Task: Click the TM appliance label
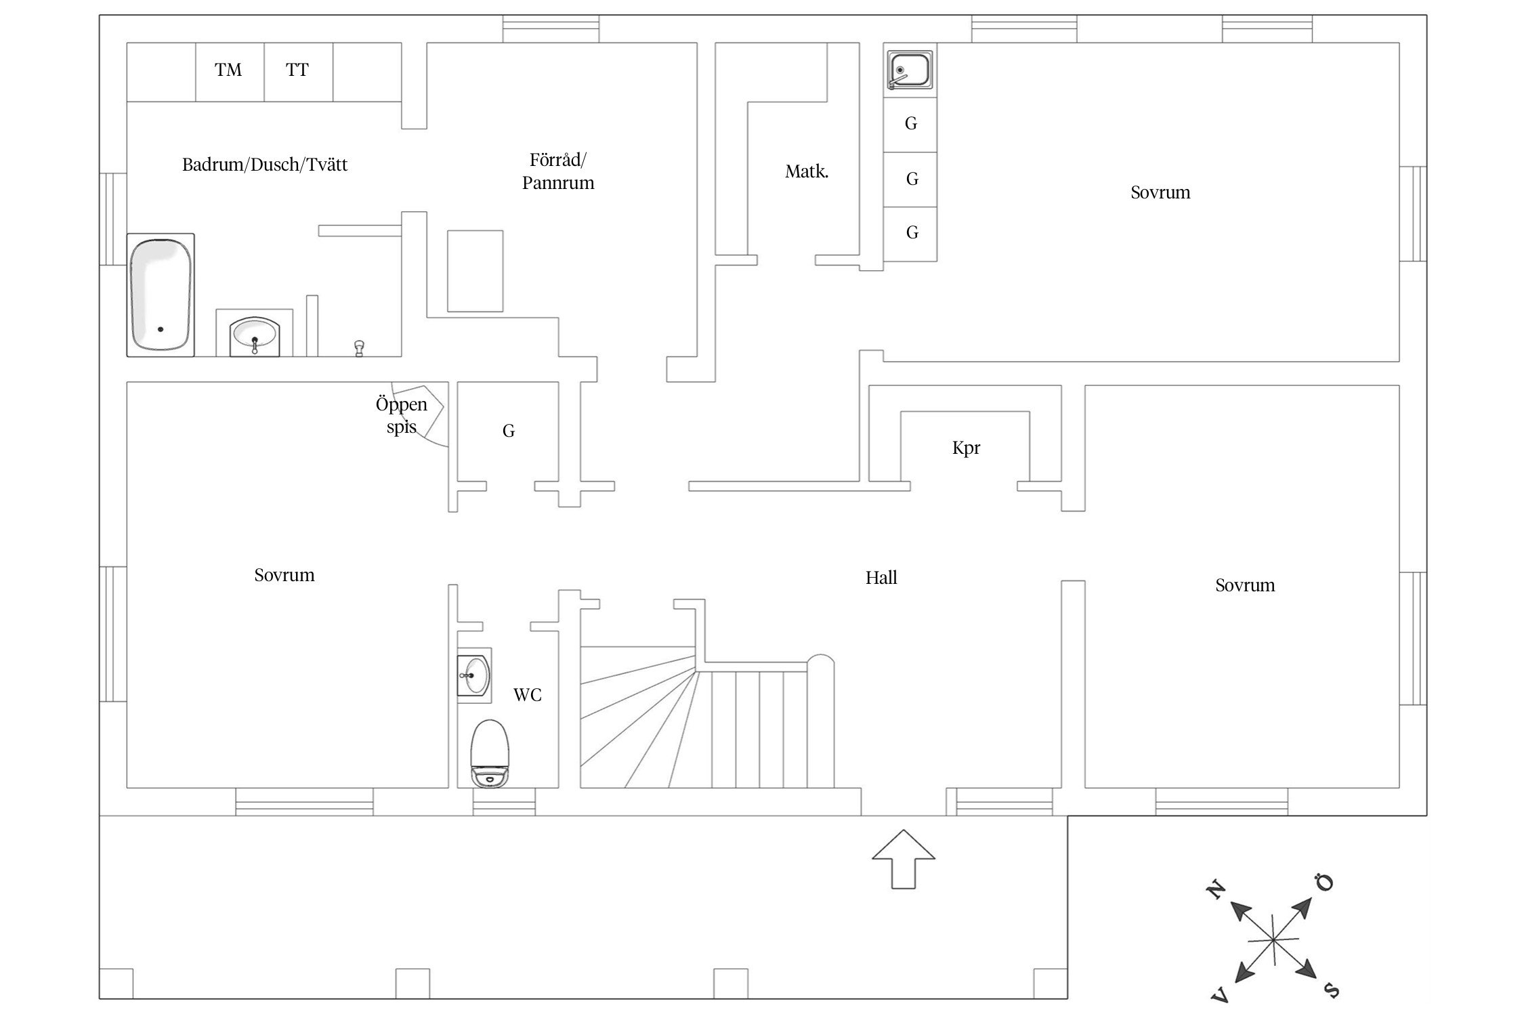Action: click(x=228, y=70)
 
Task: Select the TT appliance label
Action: click(x=297, y=70)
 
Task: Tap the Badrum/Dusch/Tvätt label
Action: click(x=265, y=165)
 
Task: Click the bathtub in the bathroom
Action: click(x=161, y=295)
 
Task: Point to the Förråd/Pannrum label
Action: click(x=558, y=171)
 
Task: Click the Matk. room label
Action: click(x=807, y=172)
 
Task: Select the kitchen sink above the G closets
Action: click(x=910, y=70)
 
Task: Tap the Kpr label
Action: click(x=966, y=448)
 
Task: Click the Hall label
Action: click(x=881, y=578)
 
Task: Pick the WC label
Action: click(x=528, y=695)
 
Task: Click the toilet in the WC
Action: click(x=490, y=753)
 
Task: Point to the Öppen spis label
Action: click(x=402, y=415)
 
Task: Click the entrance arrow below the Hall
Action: click(x=904, y=859)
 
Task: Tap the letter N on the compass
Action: click(x=1216, y=889)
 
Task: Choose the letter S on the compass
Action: click(x=1331, y=991)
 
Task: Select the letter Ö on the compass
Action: click(x=1324, y=883)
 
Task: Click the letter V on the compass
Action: click(x=1220, y=994)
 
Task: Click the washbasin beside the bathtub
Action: click(x=254, y=333)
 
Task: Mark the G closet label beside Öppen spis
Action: click(x=509, y=431)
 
